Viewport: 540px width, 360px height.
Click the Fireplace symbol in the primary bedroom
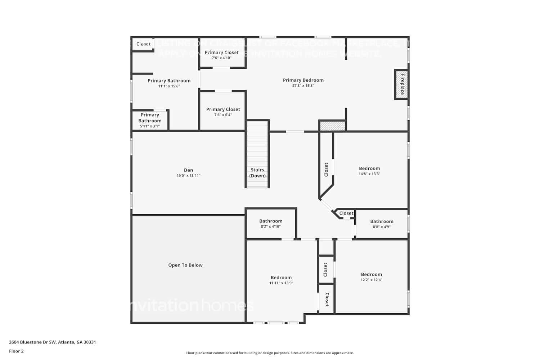point(401,84)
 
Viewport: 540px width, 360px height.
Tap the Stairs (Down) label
point(257,173)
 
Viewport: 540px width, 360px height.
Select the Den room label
point(188,170)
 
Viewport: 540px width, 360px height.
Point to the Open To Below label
point(185,265)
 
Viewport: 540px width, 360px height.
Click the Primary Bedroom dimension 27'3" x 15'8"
point(303,86)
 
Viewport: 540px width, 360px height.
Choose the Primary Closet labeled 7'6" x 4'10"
point(221,53)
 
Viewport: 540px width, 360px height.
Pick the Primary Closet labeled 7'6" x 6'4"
point(223,109)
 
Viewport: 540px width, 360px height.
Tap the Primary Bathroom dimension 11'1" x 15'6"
point(169,86)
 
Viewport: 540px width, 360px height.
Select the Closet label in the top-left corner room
point(143,44)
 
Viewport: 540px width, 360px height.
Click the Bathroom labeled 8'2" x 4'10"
point(271,221)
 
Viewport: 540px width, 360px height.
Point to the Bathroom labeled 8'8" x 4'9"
point(382,222)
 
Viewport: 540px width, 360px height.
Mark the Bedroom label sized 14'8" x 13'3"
point(369,168)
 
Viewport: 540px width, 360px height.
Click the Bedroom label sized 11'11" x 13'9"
point(281,278)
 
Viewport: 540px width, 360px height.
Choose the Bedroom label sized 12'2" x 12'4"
point(371,274)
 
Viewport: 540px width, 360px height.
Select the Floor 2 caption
point(16,351)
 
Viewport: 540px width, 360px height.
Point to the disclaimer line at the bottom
point(270,353)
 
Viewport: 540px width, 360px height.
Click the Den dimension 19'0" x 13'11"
point(188,176)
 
